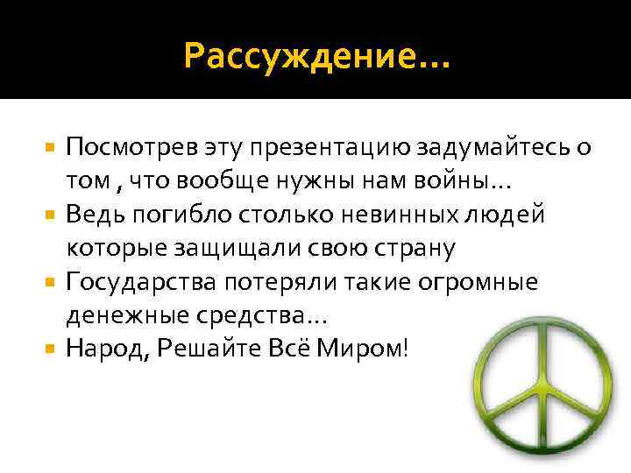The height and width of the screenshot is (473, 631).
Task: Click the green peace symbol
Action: [538, 394]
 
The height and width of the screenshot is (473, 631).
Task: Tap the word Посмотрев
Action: [124, 146]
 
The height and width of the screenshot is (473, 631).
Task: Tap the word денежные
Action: [118, 315]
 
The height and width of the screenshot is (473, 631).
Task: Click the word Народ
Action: [103, 349]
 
